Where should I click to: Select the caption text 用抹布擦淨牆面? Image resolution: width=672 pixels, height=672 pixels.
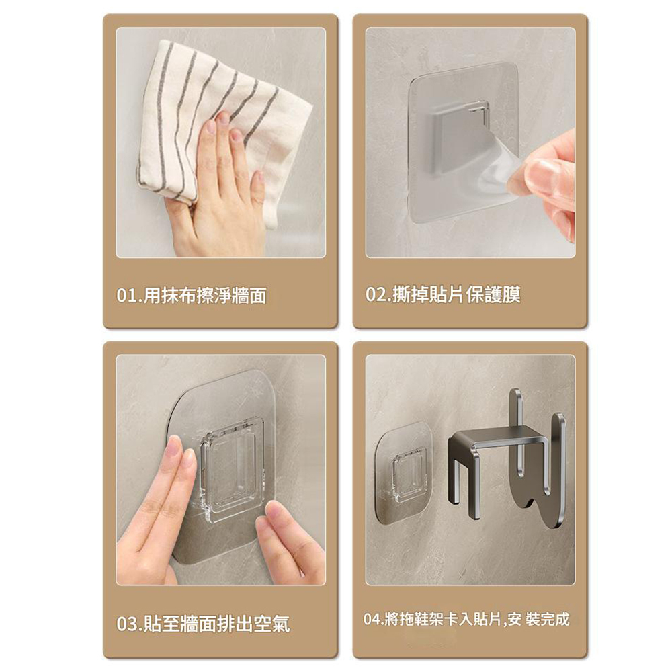[205, 296]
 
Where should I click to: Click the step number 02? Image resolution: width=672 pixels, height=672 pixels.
[376, 295]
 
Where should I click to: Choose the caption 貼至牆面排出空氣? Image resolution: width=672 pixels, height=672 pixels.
[216, 624]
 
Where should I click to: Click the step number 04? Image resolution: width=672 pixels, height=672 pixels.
[372, 620]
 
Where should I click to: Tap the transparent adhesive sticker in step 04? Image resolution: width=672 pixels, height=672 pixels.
[403, 472]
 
